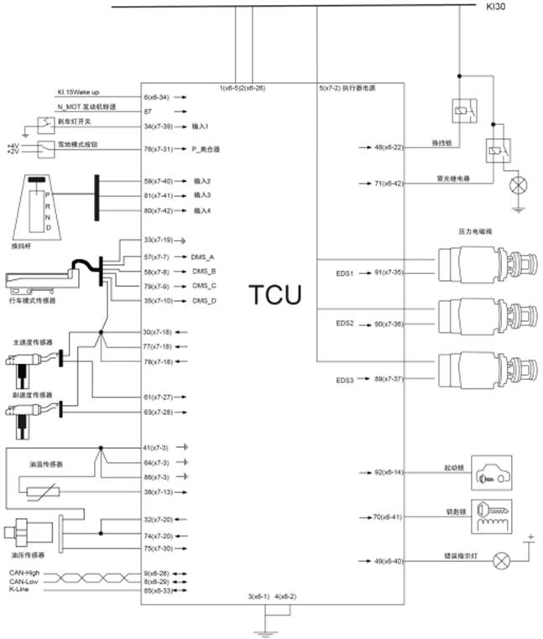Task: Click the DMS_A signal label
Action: pyautogui.click(x=203, y=257)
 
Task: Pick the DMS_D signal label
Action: pyautogui.click(x=203, y=300)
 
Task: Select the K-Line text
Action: pyautogui.click(x=19, y=590)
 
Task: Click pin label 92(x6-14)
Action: pyautogui.click(x=389, y=473)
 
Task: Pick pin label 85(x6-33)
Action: pyautogui.click(x=159, y=590)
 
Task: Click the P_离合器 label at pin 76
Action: pyautogui.click(x=206, y=149)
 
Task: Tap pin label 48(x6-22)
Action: pyautogui.click(x=389, y=147)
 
